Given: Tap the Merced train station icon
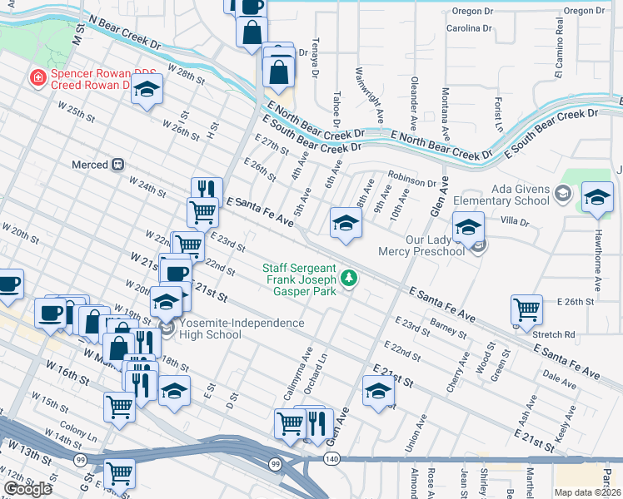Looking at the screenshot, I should pos(118,165).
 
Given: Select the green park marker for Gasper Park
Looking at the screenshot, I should pos(351,277).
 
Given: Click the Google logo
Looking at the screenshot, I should pos(27,488).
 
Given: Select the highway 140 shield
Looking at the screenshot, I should pos(332,459).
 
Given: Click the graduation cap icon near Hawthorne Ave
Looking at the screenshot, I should pos(597,198).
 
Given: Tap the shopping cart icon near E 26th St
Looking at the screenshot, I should pos(527,310).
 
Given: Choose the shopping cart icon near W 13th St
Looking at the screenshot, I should pos(120,473).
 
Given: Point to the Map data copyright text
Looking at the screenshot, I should pos(588,492).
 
